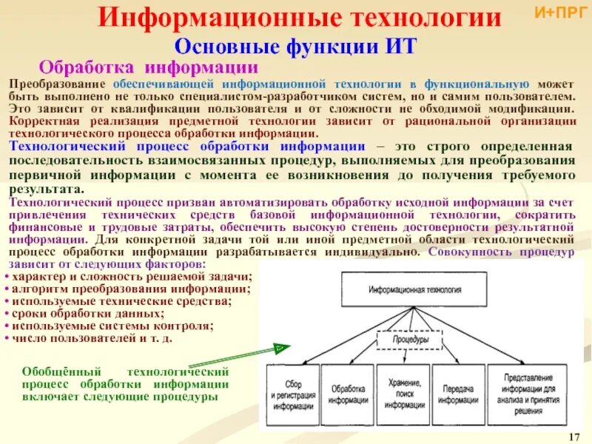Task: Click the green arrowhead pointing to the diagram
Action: point(280,347)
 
